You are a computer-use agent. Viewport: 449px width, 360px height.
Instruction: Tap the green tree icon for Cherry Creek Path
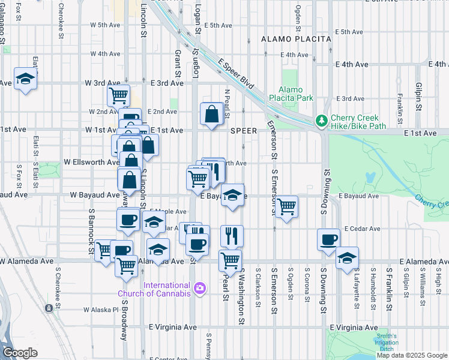click(322, 121)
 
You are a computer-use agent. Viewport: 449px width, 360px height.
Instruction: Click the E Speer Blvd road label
click(233, 71)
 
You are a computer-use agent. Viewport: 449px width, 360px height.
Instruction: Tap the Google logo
click(20, 353)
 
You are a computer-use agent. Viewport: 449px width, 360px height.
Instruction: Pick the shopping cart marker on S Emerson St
click(287, 206)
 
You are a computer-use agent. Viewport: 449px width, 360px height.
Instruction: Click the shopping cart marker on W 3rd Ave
click(119, 95)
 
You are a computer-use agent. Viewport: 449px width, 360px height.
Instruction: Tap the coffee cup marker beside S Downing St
click(328, 240)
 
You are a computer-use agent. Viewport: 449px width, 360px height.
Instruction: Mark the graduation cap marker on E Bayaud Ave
click(233, 194)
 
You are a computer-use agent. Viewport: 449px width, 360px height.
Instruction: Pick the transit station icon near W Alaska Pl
click(49, 308)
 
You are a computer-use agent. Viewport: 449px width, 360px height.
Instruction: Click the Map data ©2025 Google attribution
click(412, 355)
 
